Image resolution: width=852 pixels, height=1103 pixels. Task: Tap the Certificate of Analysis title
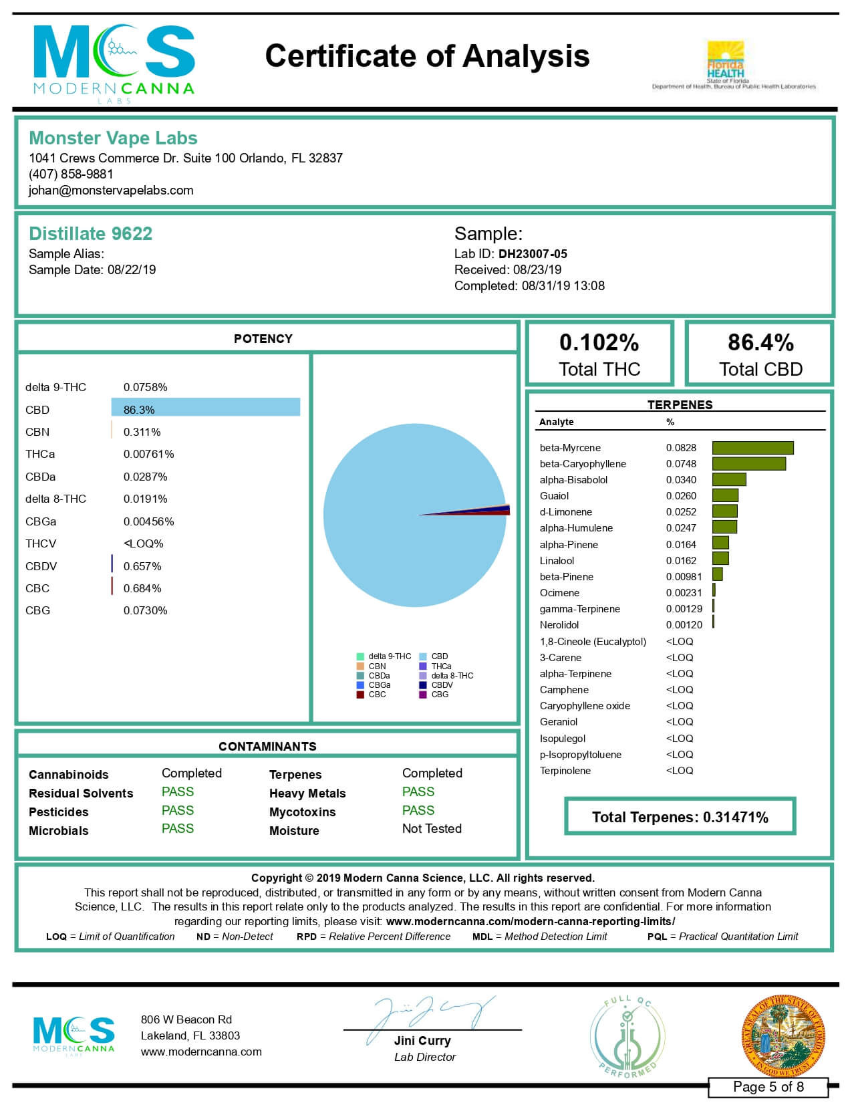pos(427,56)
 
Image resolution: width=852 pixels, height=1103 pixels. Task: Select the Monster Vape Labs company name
pos(113,138)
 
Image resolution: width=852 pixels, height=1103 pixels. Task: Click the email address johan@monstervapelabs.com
pos(111,191)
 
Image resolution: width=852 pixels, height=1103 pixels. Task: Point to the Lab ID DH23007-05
pos(533,254)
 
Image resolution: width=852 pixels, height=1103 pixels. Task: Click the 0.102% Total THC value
pos(599,343)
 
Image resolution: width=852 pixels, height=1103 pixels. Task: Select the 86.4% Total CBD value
pos(760,343)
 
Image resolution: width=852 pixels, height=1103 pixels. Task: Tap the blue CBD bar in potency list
pos(206,407)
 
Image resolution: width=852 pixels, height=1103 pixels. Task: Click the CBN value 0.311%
pos(142,433)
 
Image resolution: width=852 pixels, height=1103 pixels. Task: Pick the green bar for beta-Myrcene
pos(752,448)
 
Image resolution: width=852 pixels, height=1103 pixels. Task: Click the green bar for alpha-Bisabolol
pos(729,480)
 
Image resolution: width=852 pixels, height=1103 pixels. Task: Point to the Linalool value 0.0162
pos(681,561)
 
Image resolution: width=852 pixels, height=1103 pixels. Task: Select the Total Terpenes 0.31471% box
pos(680,817)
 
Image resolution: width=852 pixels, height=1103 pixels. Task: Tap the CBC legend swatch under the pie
pos(360,695)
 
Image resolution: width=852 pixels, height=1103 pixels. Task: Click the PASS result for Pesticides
pos(178,811)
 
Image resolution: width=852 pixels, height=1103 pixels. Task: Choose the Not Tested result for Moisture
pos(432,829)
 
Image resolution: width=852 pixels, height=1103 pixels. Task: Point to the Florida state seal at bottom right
pos(783,1036)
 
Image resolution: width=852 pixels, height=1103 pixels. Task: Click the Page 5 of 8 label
pos(768,1087)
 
